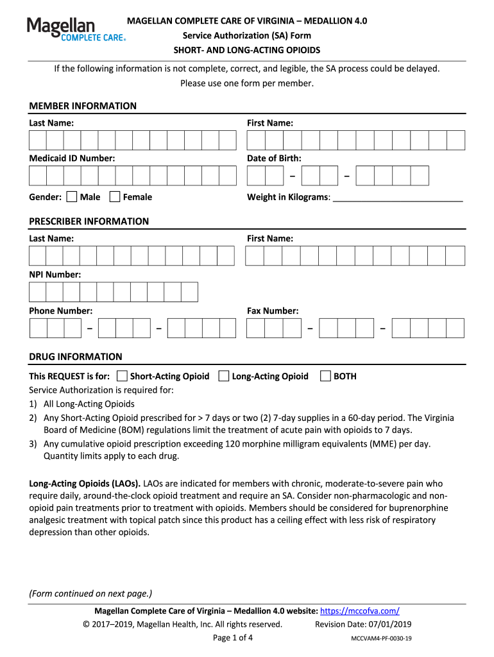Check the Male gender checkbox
(x=72, y=197)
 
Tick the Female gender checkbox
(x=115, y=197)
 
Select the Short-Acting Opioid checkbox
(x=123, y=376)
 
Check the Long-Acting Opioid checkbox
(x=224, y=376)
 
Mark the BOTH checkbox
(x=325, y=376)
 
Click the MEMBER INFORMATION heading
(x=83, y=106)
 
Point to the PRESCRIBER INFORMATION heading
(x=89, y=221)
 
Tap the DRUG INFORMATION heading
(x=75, y=357)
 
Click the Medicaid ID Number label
(x=72, y=158)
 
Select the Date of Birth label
(x=274, y=158)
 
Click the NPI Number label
(x=55, y=275)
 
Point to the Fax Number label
(x=273, y=311)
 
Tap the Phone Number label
(x=60, y=311)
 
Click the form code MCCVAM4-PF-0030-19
(x=381, y=638)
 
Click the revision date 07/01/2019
(x=389, y=624)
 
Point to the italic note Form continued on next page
(x=90, y=593)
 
